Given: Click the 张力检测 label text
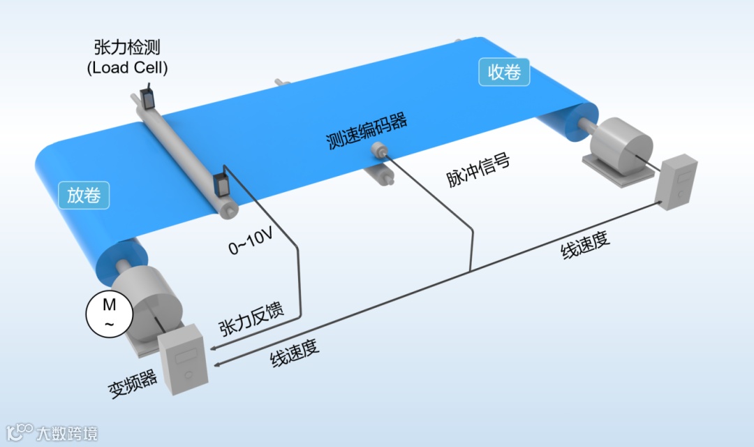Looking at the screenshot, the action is (127, 47).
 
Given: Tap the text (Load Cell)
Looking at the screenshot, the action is (127, 68).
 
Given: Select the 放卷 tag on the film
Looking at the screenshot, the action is (84, 196).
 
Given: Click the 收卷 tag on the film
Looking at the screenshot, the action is (504, 71).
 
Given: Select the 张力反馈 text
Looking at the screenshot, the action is (251, 321).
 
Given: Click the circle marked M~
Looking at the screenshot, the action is (109, 314).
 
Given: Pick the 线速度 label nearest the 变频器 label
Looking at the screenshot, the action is (295, 356).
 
